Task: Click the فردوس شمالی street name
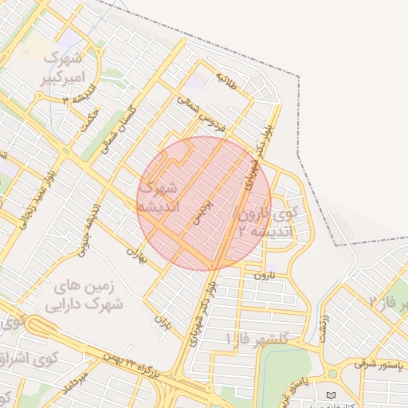pos(210,120)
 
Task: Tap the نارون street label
pos(263,275)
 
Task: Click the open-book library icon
pos(331,395)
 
